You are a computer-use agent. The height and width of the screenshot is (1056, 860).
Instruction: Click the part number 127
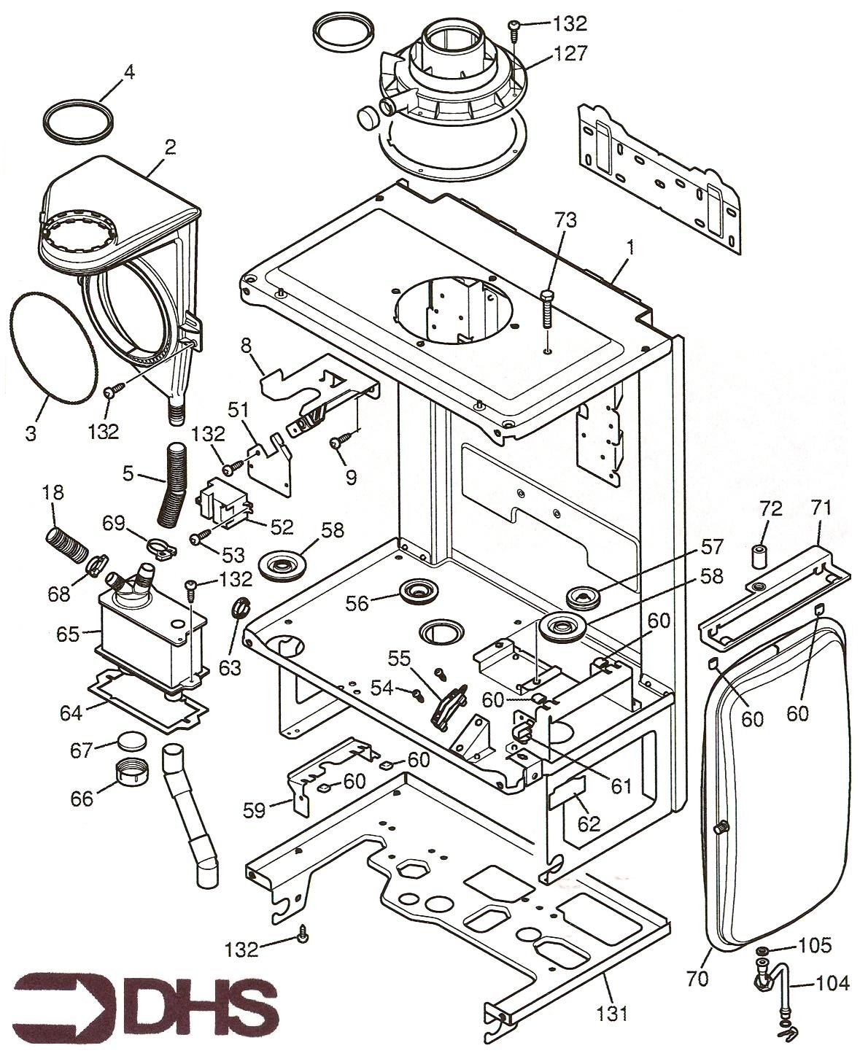coord(570,53)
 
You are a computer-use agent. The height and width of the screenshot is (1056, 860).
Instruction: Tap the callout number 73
coord(565,219)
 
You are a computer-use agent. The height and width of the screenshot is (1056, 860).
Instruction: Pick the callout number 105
coord(814,946)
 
